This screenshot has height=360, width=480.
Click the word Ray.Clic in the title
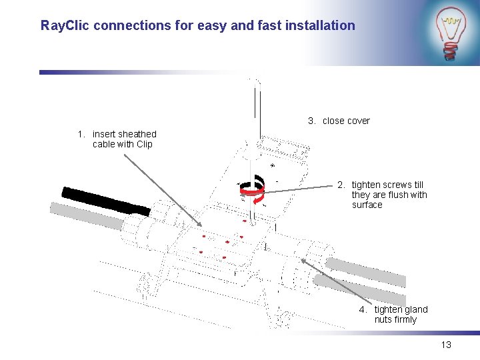pyautogui.click(x=66, y=25)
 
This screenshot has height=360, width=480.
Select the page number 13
pyautogui.click(x=446, y=345)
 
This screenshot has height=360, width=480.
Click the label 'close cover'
pyautogui.click(x=346, y=121)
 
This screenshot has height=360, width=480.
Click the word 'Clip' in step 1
pyautogui.click(x=144, y=144)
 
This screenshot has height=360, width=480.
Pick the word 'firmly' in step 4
pyautogui.click(x=405, y=319)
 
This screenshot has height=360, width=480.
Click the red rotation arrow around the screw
pyautogui.click(x=253, y=191)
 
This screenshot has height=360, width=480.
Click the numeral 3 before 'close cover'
pyautogui.click(x=311, y=121)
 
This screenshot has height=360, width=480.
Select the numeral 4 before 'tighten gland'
pyautogui.click(x=362, y=309)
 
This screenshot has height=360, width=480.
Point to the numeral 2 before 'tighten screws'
pyautogui.click(x=340, y=185)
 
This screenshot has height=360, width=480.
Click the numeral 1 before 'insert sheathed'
pyautogui.click(x=81, y=134)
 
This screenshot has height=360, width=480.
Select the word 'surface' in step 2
pyautogui.click(x=367, y=205)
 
